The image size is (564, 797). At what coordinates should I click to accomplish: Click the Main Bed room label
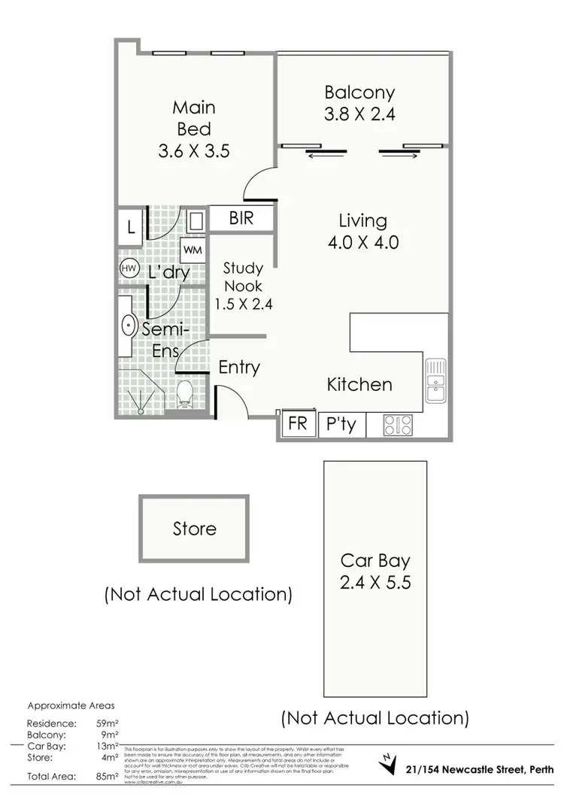(x=193, y=117)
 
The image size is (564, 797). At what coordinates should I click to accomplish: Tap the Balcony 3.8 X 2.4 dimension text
(x=359, y=115)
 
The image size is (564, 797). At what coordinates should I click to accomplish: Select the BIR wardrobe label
(x=241, y=219)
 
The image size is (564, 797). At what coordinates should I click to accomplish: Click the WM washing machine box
(x=192, y=249)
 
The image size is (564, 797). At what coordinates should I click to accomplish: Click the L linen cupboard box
(x=131, y=227)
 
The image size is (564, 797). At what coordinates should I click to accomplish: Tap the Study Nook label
(x=244, y=277)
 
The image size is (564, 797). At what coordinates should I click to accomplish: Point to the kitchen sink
(x=435, y=381)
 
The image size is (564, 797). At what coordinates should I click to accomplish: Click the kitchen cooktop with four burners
(x=398, y=426)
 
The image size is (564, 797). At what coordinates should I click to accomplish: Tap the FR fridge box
(x=298, y=424)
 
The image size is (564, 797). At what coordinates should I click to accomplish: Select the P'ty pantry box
(x=341, y=425)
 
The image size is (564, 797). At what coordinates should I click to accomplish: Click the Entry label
(x=239, y=368)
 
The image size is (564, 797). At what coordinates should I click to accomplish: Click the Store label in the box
(x=194, y=529)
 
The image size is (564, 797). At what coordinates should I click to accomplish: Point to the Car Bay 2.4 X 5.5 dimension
(x=375, y=582)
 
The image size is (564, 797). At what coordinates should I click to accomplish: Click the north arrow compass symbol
(x=388, y=762)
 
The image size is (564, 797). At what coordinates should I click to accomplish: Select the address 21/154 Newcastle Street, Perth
(x=478, y=768)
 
